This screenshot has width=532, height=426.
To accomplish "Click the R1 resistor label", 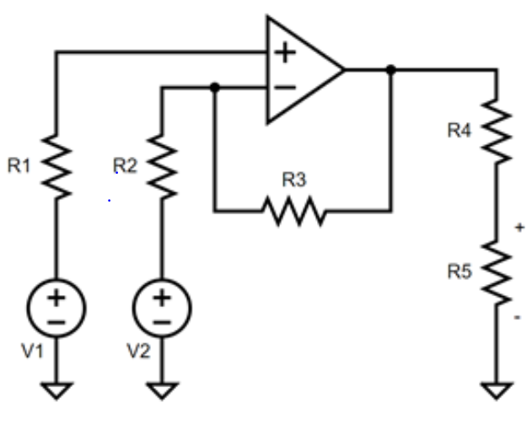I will click(x=19, y=166).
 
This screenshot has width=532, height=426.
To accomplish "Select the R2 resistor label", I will click(x=125, y=166).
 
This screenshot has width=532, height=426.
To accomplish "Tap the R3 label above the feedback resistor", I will click(x=293, y=180).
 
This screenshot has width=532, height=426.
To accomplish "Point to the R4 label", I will click(x=459, y=130).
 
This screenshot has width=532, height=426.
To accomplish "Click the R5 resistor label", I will click(x=459, y=272).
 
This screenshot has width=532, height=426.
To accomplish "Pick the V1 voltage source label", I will click(x=33, y=352).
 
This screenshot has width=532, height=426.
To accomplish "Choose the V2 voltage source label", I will click(x=138, y=352).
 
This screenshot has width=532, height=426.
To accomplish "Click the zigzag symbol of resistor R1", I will click(x=56, y=166).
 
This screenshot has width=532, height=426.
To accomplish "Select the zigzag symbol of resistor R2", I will click(x=162, y=166).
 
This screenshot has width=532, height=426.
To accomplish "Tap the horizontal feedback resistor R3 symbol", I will click(x=293, y=210).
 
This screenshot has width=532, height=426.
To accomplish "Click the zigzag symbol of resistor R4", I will click(x=497, y=131).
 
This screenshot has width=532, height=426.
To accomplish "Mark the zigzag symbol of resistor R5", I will click(x=497, y=272).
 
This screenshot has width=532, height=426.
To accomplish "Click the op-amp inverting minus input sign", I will click(x=287, y=86).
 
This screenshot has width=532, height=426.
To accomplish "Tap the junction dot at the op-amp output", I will click(x=390, y=70).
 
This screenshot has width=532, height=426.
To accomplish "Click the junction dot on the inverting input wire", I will click(x=215, y=86).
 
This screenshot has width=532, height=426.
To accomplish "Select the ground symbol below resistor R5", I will click(x=497, y=390).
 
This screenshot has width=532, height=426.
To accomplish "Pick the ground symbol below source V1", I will click(x=56, y=390).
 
